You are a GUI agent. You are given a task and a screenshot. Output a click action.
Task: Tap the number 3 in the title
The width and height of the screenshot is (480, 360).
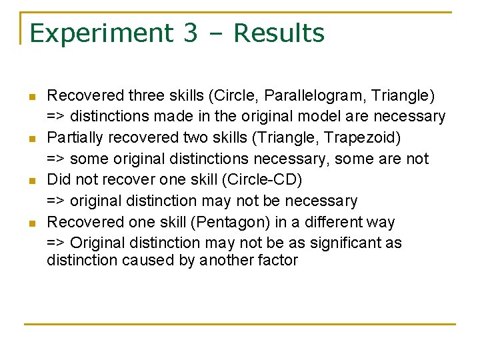click(190, 33)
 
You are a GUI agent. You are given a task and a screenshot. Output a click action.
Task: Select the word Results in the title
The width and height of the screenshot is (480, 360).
click(279, 33)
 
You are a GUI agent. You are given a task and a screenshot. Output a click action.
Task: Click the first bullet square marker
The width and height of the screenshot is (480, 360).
click(31, 97)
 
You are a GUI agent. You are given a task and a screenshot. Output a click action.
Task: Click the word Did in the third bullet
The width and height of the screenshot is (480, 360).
click(58, 180)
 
